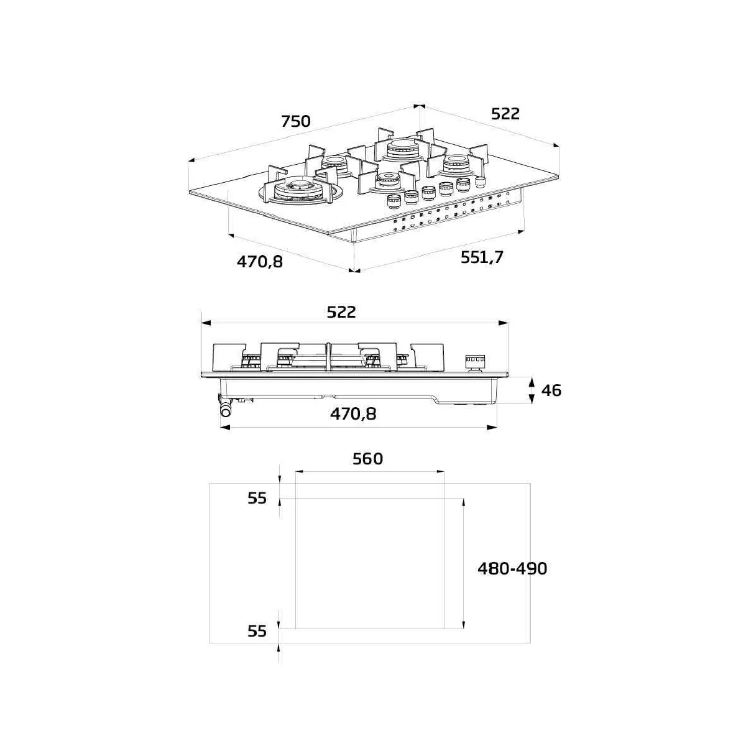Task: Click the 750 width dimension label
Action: coord(295,121)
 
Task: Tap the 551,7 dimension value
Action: coord(482,257)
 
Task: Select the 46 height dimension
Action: coord(551,390)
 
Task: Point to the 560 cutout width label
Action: coord(367,459)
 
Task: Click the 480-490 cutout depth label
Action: coord(512,568)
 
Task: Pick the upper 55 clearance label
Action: coord(257,498)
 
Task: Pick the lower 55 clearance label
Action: coord(257,631)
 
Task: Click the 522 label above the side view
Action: coord(341,312)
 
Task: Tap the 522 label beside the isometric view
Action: coord(505,114)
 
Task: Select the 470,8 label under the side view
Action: coord(353,413)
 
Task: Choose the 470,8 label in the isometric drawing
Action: coord(259,262)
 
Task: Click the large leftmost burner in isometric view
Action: coord(298,188)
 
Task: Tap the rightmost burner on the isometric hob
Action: coord(458,163)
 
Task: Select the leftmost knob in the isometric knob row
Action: coord(393,202)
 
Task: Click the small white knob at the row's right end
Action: coord(480,182)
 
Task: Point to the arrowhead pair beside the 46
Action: coord(532,390)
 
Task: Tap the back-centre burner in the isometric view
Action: coord(401,150)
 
